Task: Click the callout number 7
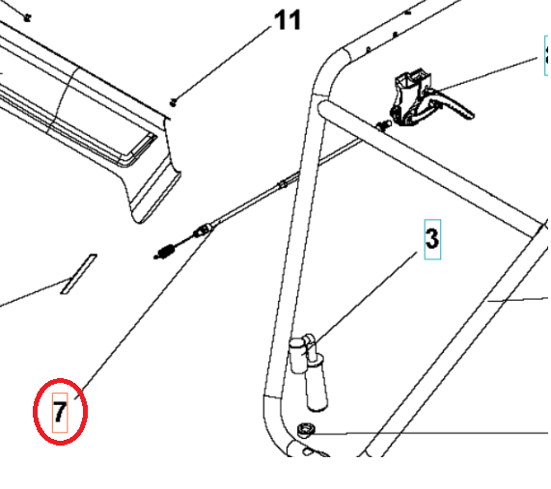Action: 60,413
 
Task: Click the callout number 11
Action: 288,20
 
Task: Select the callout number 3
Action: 431,237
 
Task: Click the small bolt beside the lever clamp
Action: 384,125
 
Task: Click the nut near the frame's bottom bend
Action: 306,430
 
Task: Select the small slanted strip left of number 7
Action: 77,274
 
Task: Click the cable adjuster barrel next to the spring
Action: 203,231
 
